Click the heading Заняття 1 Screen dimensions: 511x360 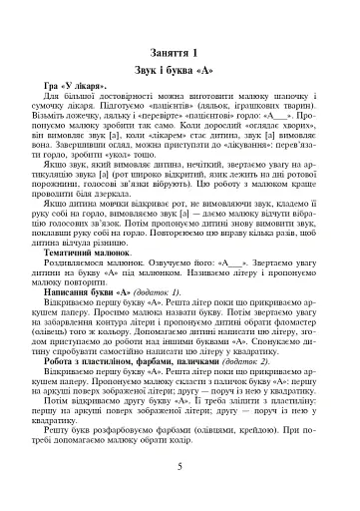pos(182,51)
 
